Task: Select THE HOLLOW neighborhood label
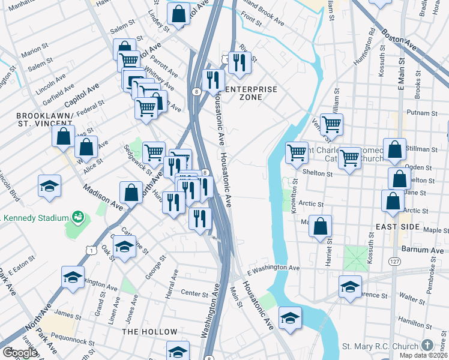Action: [149, 332]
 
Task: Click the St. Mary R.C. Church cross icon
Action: [427, 346]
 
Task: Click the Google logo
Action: [19, 353]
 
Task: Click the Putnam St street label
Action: [423, 112]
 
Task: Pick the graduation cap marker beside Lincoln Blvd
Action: [49, 185]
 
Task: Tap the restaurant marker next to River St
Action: [240, 62]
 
